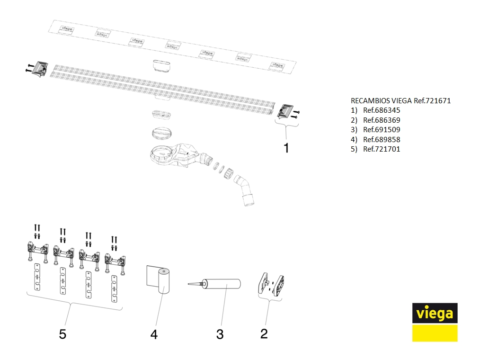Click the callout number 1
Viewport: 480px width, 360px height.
click(286, 148)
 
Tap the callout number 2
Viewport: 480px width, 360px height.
click(264, 333)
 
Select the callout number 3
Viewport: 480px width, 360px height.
click(220, 334)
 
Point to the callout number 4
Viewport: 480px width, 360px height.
click(154, 334)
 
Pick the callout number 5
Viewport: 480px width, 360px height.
click(62, 334)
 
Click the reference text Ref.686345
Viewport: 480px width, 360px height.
click(382, 110)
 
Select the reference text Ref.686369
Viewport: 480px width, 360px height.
click(382, 120)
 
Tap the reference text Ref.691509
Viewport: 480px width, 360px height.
click(382, 130)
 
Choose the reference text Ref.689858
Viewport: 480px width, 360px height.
click(382, 140)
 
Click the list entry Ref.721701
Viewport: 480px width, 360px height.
click(382, 149)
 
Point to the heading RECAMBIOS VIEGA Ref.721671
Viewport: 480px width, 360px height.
click(400, 101)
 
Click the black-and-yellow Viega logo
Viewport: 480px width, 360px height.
click(435, 322)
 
